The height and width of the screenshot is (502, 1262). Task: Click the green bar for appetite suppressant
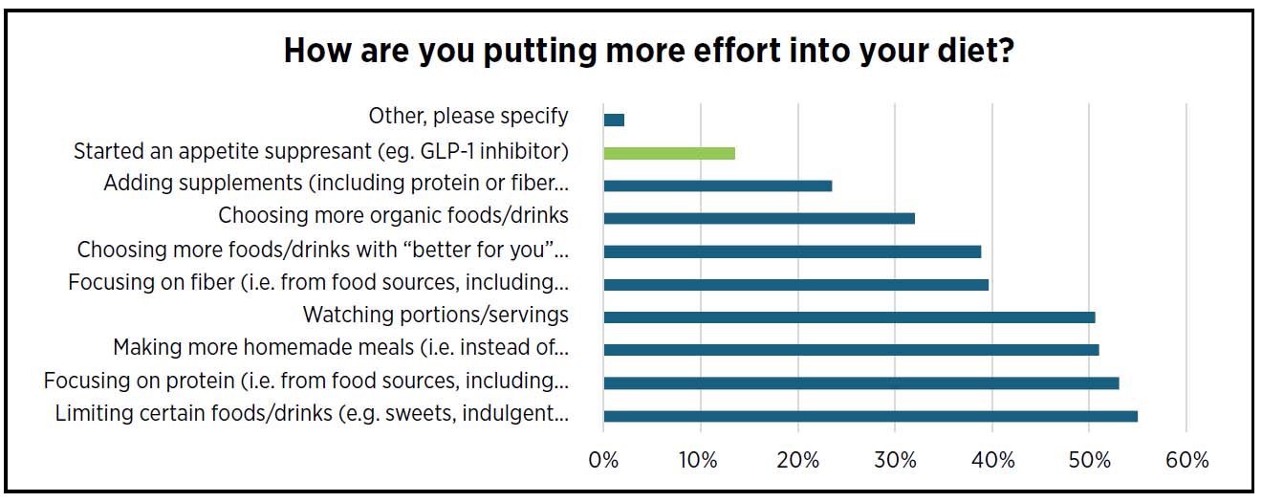click(669, 153)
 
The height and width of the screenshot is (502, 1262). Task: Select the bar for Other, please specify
click(614, 120)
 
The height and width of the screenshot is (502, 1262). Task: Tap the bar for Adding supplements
click(717, 186)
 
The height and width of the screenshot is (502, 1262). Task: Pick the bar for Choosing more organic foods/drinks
click(759, 218)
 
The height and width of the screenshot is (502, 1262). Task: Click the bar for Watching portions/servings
click(849, 316)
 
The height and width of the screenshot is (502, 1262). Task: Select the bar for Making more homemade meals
click(851, 350)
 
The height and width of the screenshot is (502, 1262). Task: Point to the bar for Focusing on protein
click(860, 382)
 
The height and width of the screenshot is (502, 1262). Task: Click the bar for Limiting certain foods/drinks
click(870, 416)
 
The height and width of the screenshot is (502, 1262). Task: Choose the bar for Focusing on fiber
click(795, 284)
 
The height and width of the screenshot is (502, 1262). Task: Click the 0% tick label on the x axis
click(604, 460)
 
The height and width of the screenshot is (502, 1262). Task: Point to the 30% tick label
click(895, 460)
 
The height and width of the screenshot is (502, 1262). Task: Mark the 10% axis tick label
click(701, 460)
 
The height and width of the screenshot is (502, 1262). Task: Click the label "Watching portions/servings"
click(435, 315)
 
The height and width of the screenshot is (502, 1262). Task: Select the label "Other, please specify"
click(468, 117)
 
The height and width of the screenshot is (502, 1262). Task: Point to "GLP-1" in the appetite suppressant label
click(451, 151)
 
